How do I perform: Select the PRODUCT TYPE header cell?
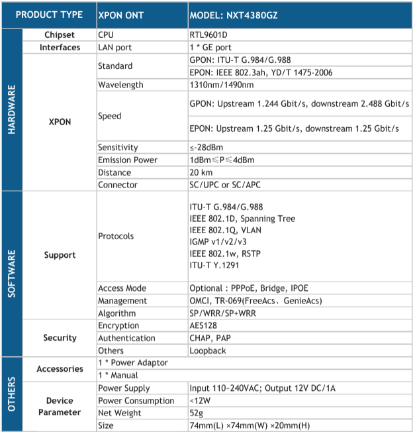pos(49,15)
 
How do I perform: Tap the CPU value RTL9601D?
pos(209,35)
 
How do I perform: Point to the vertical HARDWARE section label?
pos(11,109)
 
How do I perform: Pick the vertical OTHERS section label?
pos(11,394)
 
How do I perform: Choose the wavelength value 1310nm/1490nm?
pos(221,85)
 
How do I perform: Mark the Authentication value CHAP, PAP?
pos(209,338)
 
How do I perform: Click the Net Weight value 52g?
pos(197,413)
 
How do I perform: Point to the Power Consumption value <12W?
pos(200,400)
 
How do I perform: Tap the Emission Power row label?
pos(127,160)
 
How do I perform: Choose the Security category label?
pos(60,338)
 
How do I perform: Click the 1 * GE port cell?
pos(210,47)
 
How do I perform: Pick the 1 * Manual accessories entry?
pos(119,375)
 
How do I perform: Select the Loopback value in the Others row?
pos(207,351)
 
